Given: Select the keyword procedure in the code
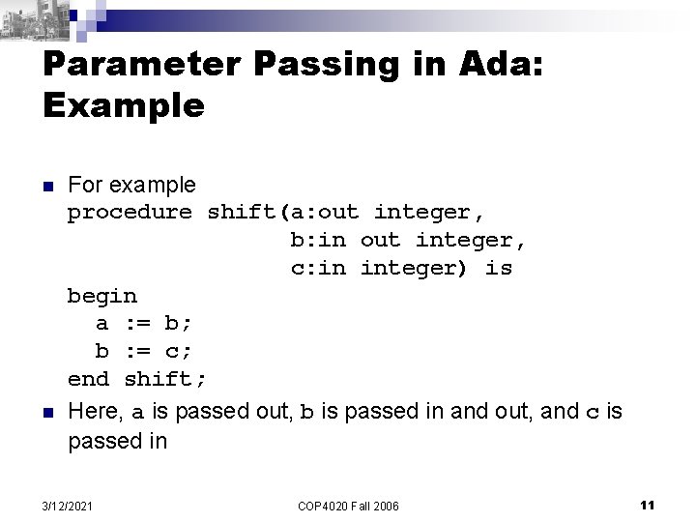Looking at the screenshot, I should point(130,212).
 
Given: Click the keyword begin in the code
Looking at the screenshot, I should point(101,294).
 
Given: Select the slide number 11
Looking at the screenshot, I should point(648,504).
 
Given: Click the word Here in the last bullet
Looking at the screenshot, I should point(94,413).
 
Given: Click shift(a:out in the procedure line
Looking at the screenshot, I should point(283,212).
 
